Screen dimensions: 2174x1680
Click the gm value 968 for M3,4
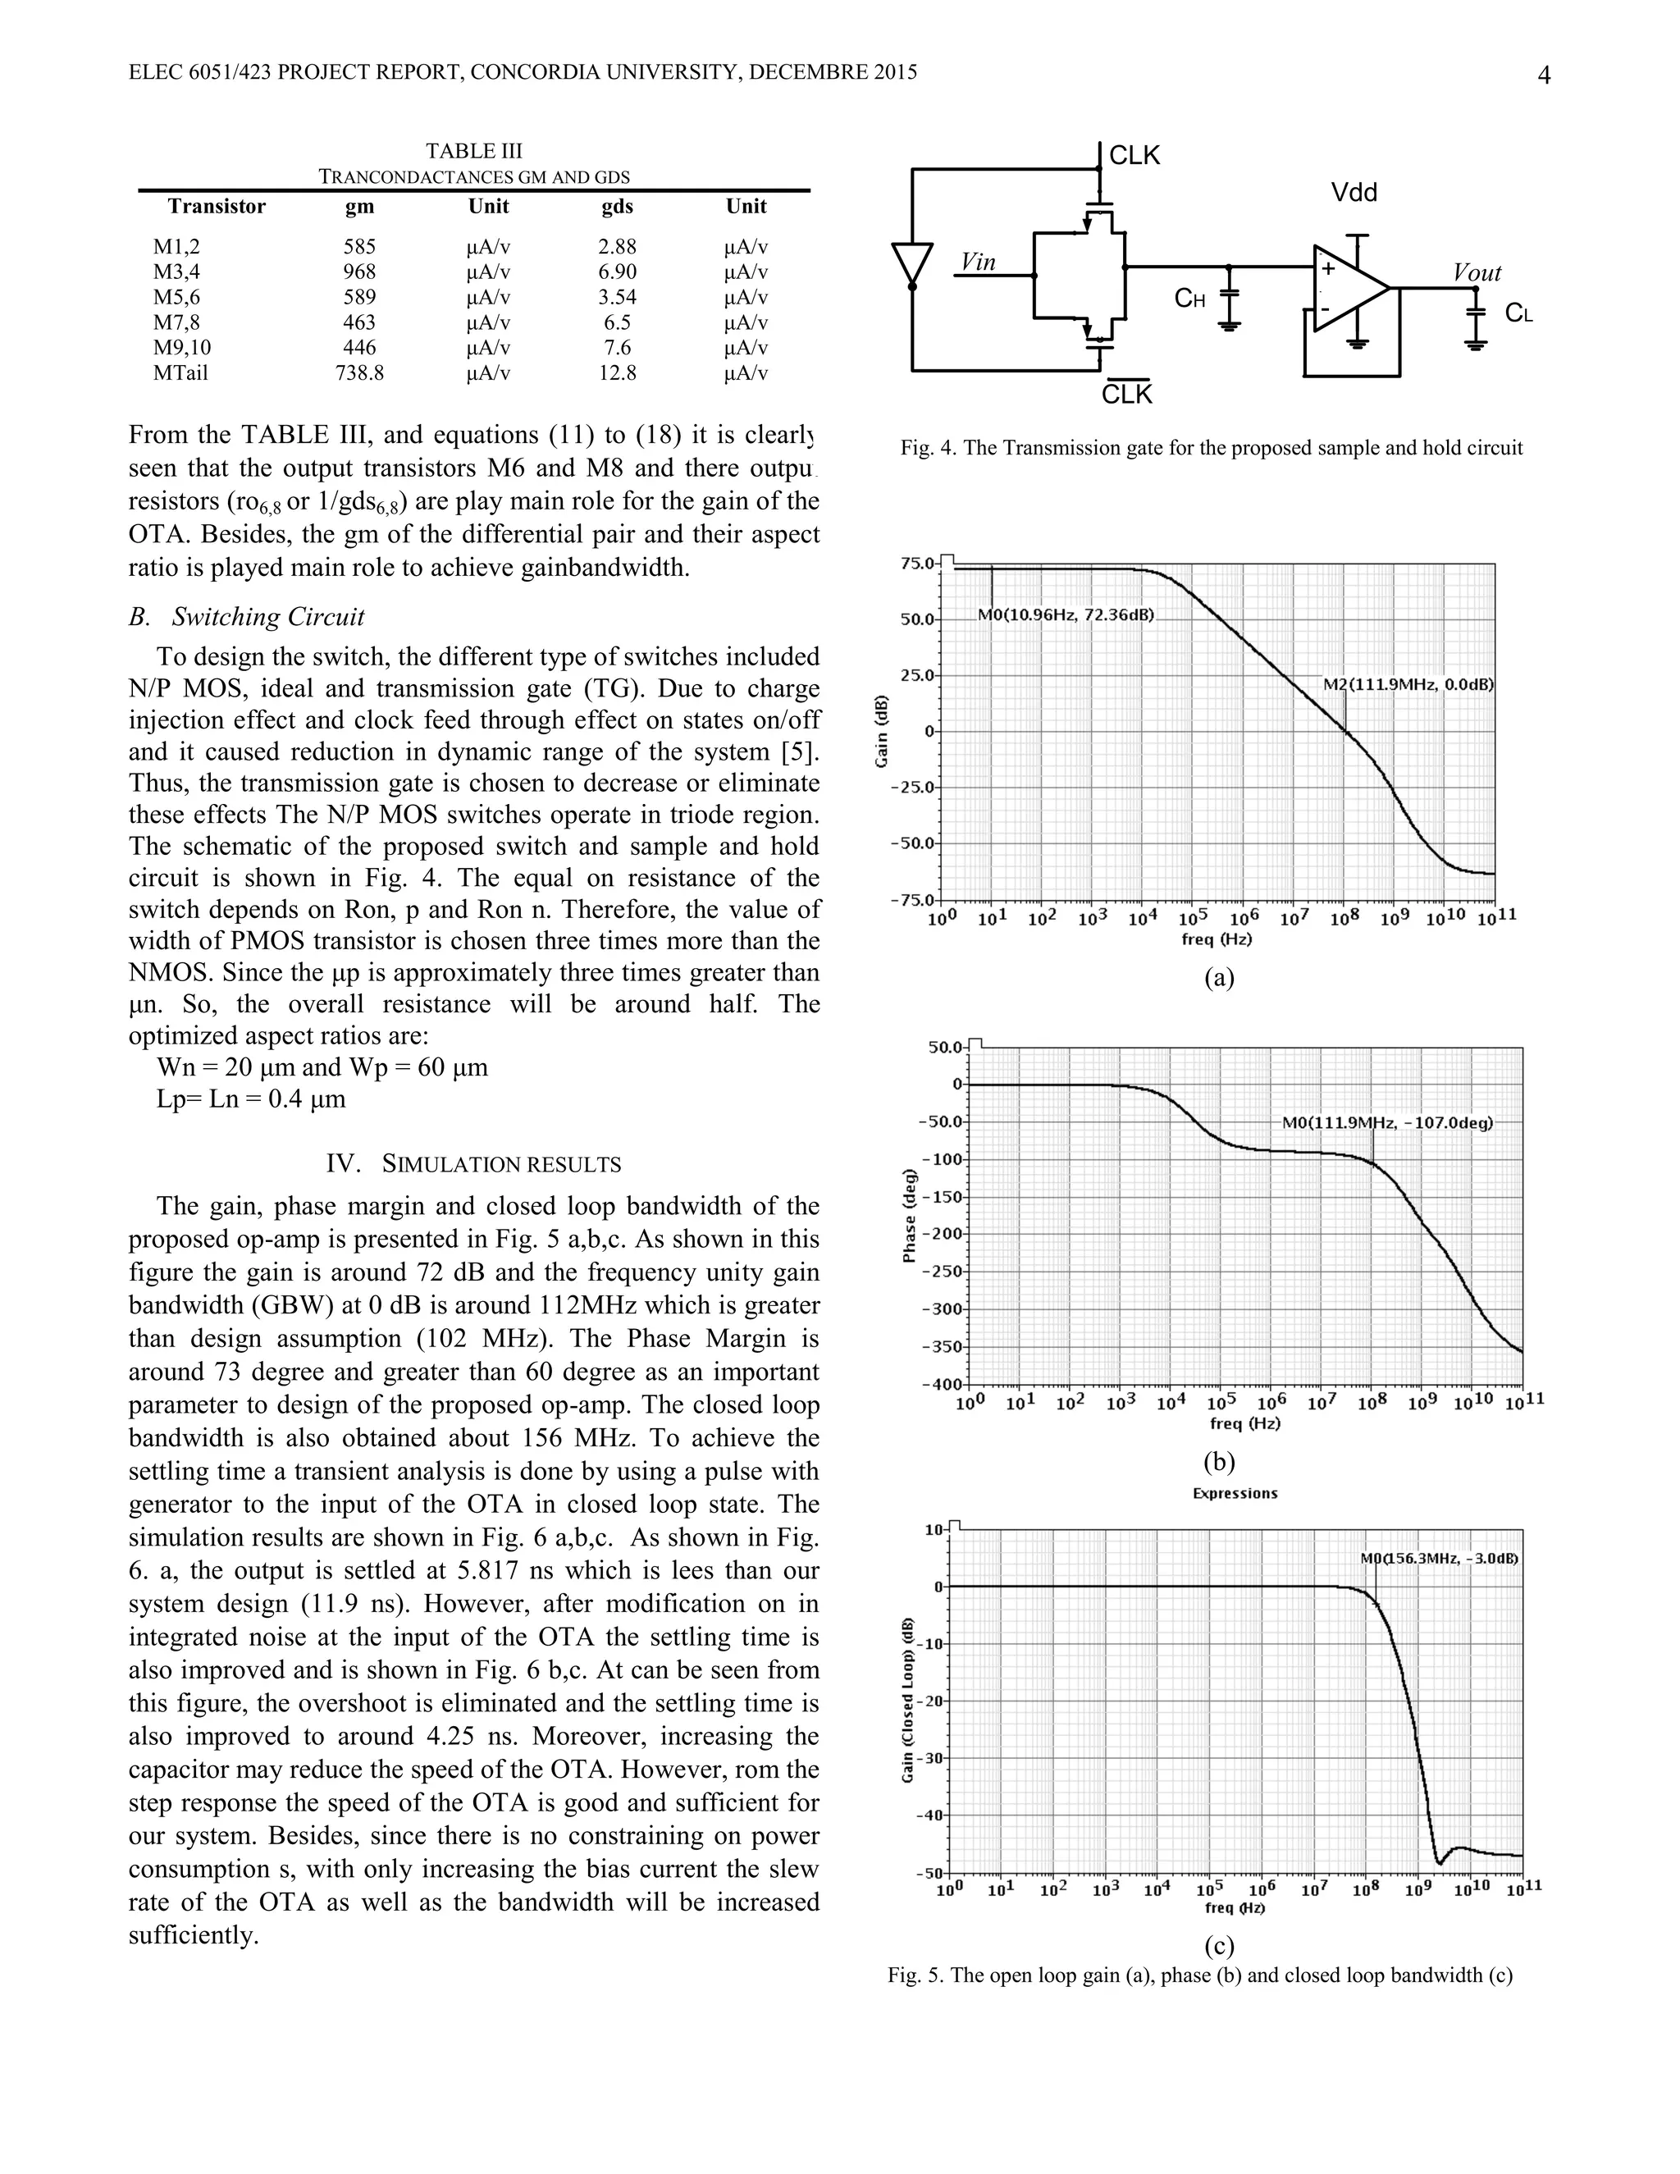click(x=359, y=272)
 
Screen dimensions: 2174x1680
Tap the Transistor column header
click(x=217, y=206)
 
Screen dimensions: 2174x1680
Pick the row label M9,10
click(x=182, y=347)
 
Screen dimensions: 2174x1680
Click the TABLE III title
click(x=474, y=151)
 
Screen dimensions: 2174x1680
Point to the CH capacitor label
click(x=1189, y=298)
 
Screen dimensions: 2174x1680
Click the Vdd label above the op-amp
click(x=1354, y=193)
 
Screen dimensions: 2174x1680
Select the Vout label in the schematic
click(x=1476, y=272)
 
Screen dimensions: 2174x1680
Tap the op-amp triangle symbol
click(x=1349, y=289)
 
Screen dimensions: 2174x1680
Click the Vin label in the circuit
click(x=979, y=262)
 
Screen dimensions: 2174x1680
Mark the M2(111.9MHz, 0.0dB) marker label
click(x=1408, y=685)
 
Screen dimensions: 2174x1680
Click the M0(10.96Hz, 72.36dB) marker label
click(x=1065, y=615)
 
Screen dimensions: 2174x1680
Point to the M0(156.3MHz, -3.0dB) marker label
click(x=1438, y=1558)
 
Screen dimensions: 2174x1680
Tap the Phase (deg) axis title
click(x=908, y=1217)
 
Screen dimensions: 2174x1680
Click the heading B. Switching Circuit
click(x=247, y=617)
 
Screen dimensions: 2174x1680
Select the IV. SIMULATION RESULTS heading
click(x=474, y=1163)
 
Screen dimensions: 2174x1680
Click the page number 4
click(x=1544, y=75)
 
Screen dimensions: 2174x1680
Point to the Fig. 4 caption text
click(x=1212, y=448)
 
